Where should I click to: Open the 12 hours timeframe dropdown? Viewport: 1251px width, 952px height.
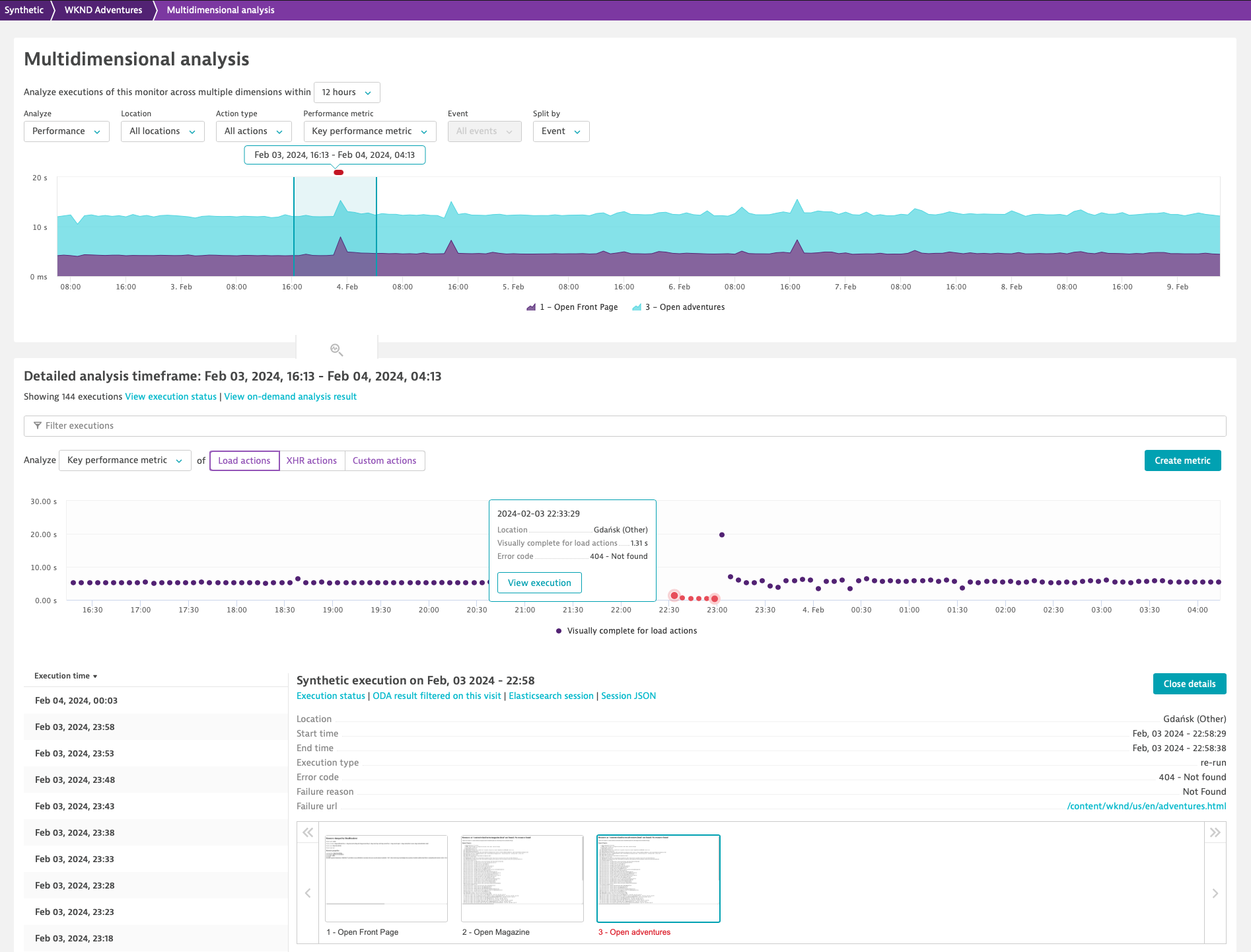click(x=347, y=92)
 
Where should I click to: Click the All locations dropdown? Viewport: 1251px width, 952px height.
click(x=162, y=131)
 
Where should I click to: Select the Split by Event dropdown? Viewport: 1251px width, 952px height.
click(x=561, y=131)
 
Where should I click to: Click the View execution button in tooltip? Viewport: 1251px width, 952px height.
click(x=539, y=583)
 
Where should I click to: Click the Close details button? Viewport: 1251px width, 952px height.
click(x=1189, y=684)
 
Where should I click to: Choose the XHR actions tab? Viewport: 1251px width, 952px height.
click(x=312, y=460)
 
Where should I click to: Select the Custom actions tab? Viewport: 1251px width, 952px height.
click(x=384, y=460)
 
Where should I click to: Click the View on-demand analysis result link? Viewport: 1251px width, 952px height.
click(x=290, y=396)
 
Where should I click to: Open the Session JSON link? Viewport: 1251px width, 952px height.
click(x=628, y=696)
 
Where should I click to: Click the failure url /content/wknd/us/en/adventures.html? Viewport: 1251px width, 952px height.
click(x=1146, y=806)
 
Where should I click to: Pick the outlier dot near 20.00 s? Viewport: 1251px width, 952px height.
click(x=722, y=534)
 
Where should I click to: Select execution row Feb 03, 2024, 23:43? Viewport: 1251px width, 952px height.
click(x=75, y=806)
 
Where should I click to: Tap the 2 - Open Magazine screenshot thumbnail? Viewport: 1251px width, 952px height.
click(x=522, y=879)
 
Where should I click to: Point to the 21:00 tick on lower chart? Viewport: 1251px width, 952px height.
click(x=524, y=610)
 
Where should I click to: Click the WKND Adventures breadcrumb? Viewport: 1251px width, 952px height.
click(x=103, y=10)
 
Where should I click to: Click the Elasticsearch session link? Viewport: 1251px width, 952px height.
click(x=551, y=696)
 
